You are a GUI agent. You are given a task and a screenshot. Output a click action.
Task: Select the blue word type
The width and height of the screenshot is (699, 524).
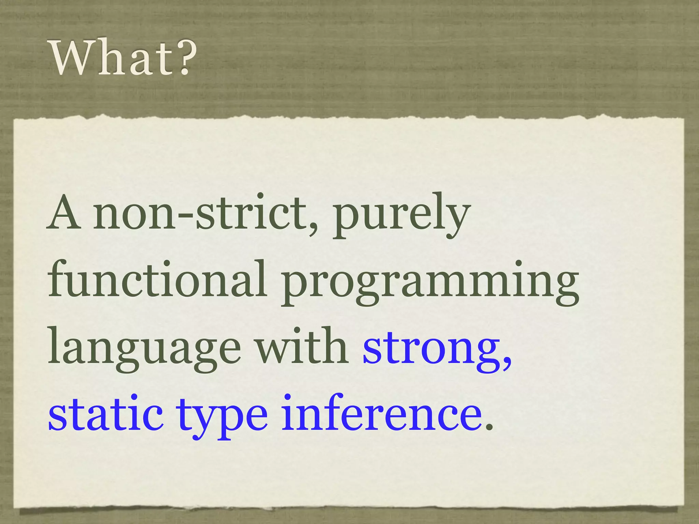[x=222, y=418]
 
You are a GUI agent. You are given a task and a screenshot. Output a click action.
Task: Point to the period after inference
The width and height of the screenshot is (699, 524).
[x=489, y=427]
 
